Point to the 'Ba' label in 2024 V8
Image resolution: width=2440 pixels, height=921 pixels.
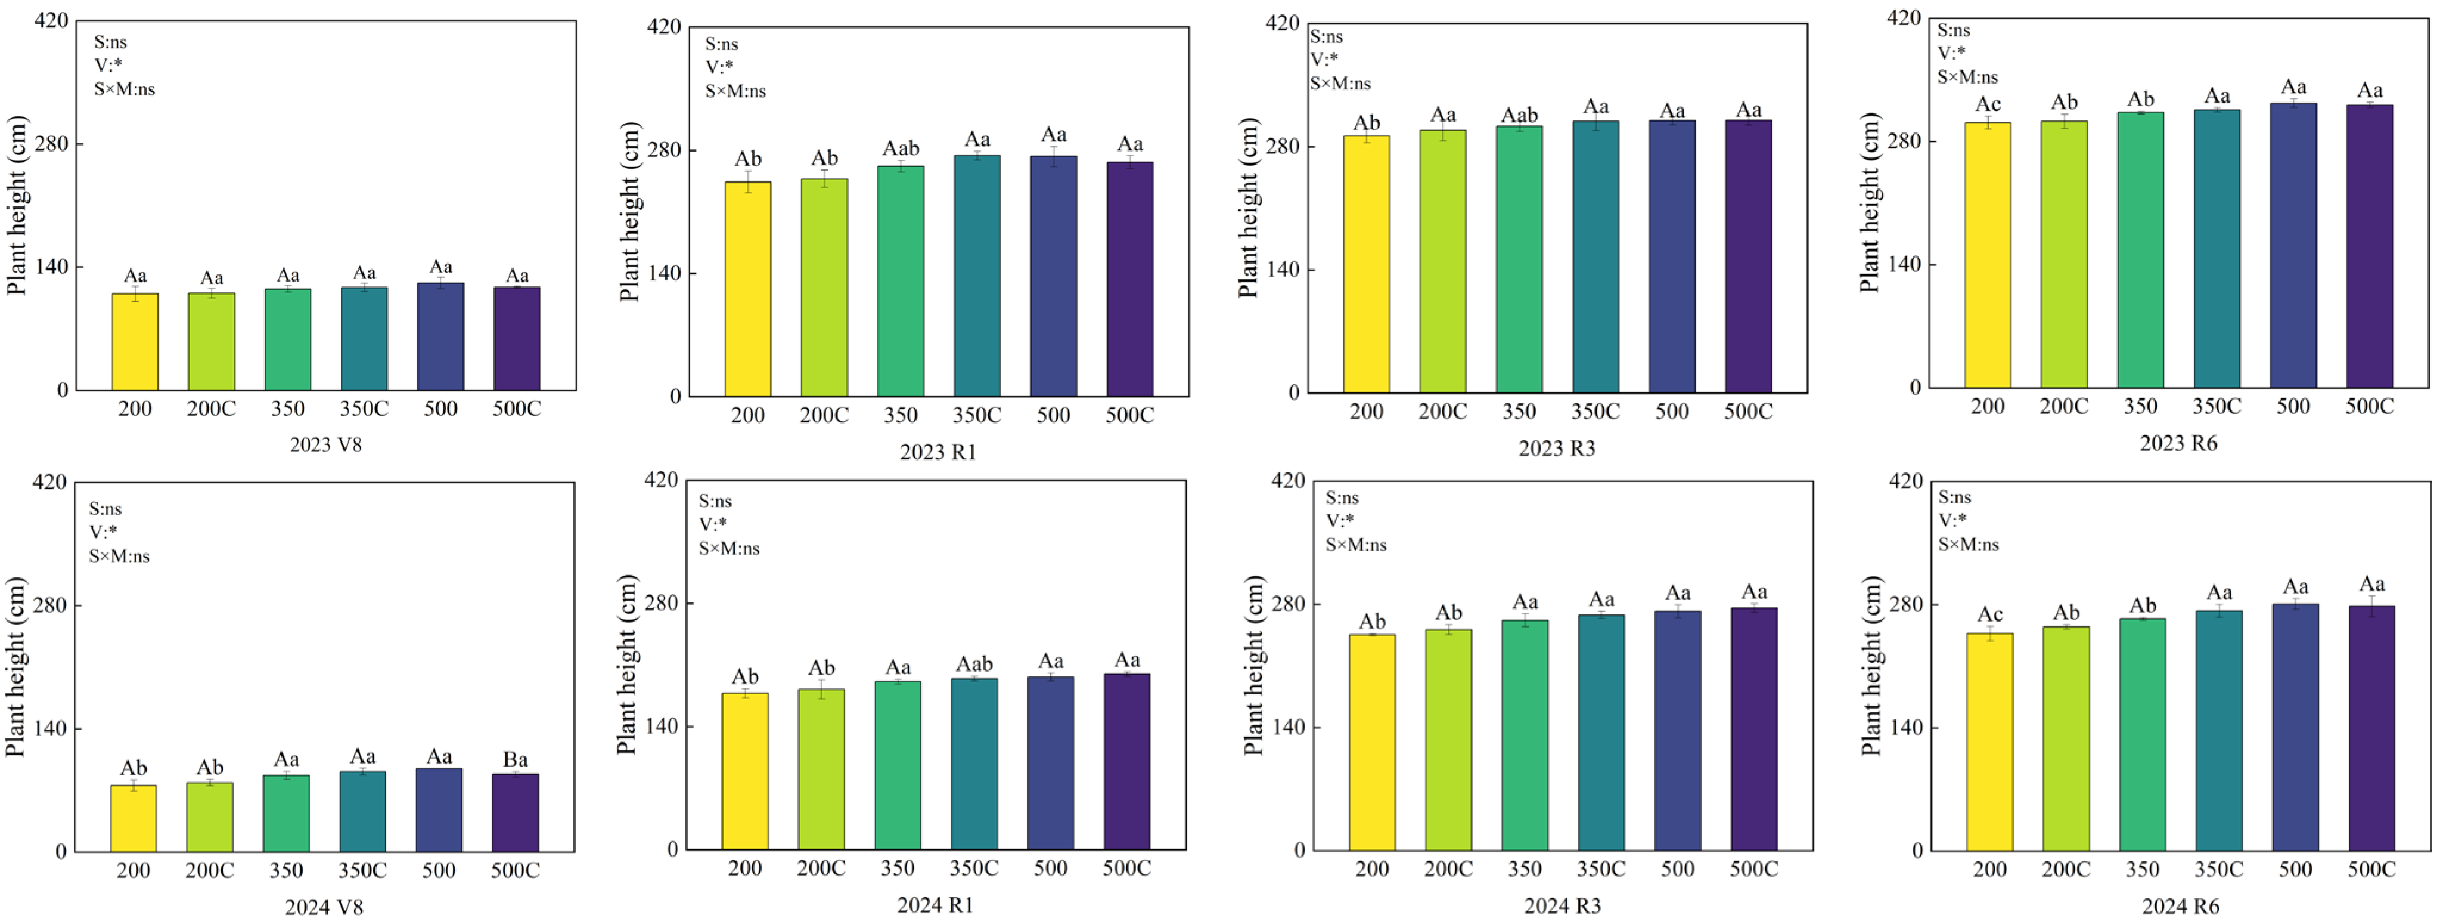point(516,760)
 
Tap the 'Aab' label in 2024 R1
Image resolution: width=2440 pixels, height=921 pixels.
point(974,665)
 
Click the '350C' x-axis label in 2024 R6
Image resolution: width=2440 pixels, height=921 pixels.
point(2218,870)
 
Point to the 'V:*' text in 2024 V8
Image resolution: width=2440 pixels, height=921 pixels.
point(103,531)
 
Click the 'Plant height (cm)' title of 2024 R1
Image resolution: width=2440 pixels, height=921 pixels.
point(627,665)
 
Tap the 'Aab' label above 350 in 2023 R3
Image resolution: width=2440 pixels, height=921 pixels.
point(1519,116)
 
